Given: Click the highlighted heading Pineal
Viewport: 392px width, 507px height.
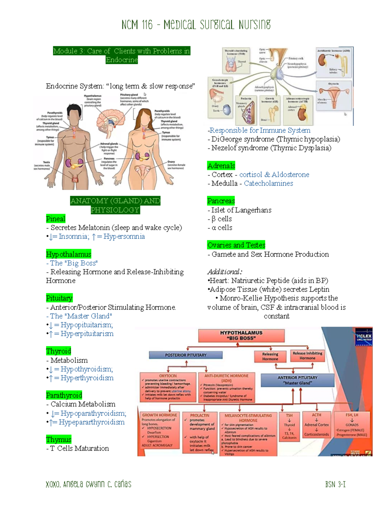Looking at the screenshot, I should click(x=56, y=219).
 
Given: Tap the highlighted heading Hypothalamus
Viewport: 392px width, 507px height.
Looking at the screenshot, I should click(x=69, y=254).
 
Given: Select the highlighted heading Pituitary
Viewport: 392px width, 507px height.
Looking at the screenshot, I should click(x=59, y=298).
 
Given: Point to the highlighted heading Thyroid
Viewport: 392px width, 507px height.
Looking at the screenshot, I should click(x=58, y=351).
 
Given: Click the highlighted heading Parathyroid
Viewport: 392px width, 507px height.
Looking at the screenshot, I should click(x=64, y=395).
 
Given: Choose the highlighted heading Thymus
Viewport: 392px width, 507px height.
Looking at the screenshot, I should click(x=59, y=439).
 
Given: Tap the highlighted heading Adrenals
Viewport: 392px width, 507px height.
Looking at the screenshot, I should click(x=221, y=166).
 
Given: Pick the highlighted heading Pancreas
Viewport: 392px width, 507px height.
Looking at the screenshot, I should click(x=221, y=201).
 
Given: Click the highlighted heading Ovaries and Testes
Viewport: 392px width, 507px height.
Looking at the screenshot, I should click(x=236, y=245).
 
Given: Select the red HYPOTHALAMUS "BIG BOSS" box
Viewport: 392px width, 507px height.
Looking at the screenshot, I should click(x=241, y=336).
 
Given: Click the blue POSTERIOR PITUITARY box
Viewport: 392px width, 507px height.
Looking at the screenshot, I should click(x=186, y=355).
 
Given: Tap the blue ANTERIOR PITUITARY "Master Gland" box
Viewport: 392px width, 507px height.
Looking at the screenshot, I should click(x=297, y=380).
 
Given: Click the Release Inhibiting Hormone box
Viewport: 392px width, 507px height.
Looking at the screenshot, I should click(x=307, y=356).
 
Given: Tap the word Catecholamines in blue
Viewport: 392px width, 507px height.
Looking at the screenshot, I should click(x=269, y=183).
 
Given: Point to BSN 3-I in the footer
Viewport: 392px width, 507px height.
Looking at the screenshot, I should click(x=335, y=484).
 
